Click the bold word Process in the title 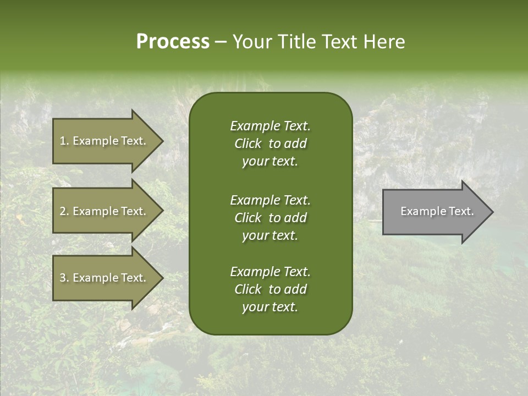point(173,42)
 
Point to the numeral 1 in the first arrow point(62,141)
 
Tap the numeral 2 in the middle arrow point(62,211)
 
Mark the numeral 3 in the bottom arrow point(62,278)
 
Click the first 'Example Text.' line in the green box point(270,126)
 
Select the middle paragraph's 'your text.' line point(270,235)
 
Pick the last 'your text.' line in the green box point(270,307)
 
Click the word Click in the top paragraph point(248,144)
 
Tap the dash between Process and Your point(221,42)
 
